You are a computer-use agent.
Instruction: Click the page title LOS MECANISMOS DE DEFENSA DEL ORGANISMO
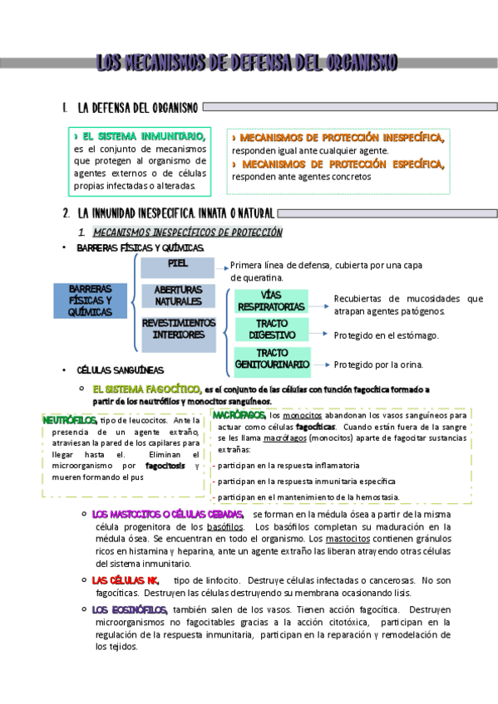coord(247,63)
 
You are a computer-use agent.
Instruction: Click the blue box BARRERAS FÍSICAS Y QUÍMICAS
coord(91,300)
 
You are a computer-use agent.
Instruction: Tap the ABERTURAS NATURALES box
coord(178,296)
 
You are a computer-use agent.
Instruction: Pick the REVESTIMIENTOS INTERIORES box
coord(178,329)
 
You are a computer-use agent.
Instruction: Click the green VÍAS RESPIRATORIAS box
coord(272,301)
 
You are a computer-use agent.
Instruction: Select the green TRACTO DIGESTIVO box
coord(272,330)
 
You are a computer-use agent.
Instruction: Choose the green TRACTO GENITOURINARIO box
coord(272,359)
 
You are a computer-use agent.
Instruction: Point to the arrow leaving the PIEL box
coord(222,267)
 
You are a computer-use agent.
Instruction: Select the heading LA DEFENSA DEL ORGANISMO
coord(136,108)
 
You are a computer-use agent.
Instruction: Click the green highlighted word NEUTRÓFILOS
coord(69,420)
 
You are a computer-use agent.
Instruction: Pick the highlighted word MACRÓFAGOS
coord(239,414)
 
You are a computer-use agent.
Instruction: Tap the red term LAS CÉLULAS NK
coord(125,580)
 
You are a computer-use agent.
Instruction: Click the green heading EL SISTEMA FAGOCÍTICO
coord(146,389)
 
